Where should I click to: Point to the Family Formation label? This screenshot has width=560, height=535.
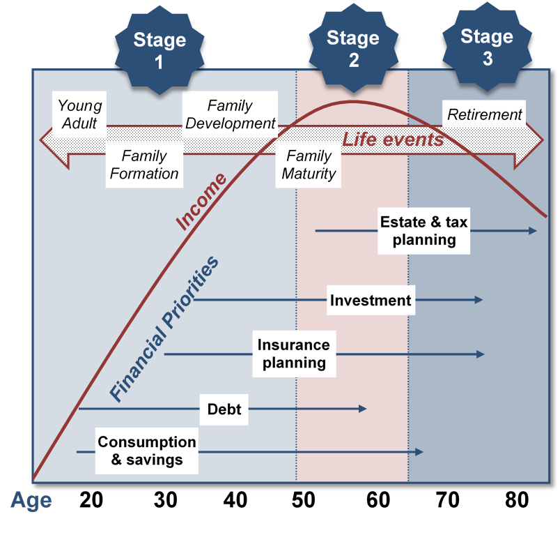coord(144,165)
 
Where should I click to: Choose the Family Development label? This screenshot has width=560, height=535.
coord(230,114)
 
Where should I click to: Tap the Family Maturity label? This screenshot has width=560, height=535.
coord(309,165)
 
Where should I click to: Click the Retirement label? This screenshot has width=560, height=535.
coord(484,114)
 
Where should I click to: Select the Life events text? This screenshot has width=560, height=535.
coord(392,140)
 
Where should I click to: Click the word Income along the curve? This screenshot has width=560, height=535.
coord(201,201)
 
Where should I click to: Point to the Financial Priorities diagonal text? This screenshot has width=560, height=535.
coord(164,329)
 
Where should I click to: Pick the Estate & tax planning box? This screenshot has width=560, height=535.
coord(423,231)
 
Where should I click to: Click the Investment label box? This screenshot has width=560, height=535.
coord(371,301)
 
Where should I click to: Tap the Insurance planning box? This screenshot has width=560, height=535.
coord(293,354)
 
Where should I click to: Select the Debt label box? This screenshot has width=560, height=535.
coord(224,409)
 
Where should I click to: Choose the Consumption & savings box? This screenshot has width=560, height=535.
coord(146,451)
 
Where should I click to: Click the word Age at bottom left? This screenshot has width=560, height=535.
coord(31,501)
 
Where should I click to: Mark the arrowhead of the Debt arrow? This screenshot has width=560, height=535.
coord(363,408)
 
